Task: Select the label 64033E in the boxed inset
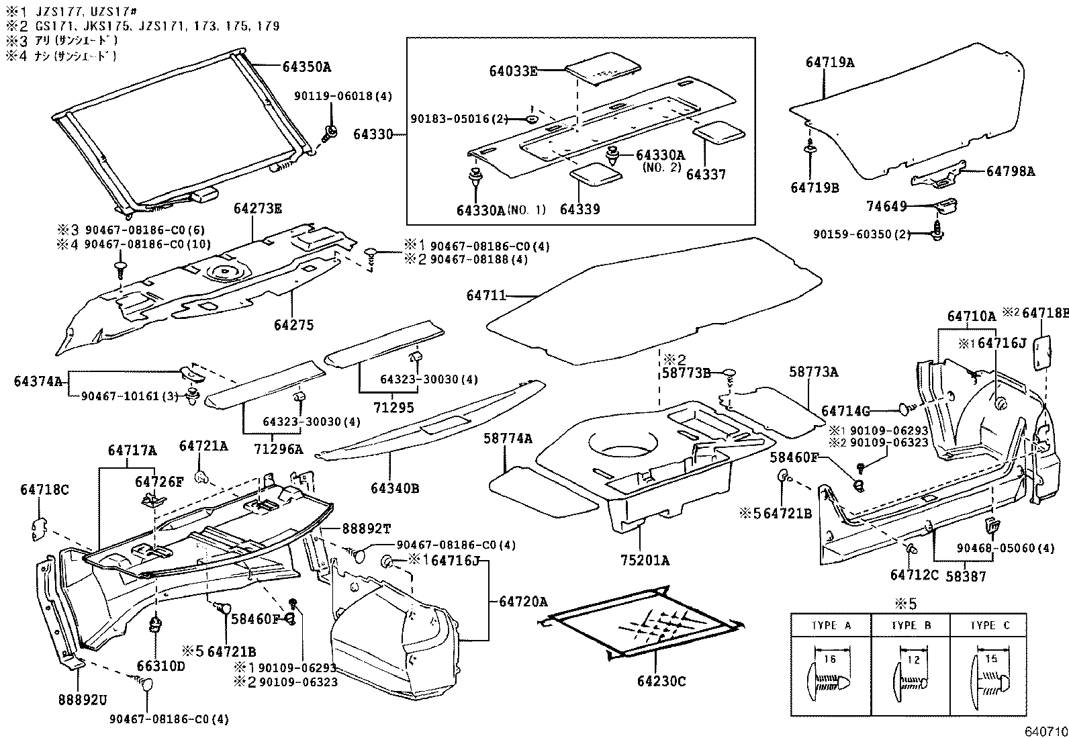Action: coord(512,71)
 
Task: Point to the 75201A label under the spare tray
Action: coord(645,561)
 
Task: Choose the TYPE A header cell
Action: coord(831,625)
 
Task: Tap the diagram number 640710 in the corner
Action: coord(1045,731)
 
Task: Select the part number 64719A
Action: coord(830,62)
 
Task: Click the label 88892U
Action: coord(82,700)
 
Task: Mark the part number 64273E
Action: coord(258,208)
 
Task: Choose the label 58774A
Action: coord(507,439)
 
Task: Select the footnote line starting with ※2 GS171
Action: coord(142,26)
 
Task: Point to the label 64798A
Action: coord(1010,171)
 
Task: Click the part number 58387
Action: coord(965,575)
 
